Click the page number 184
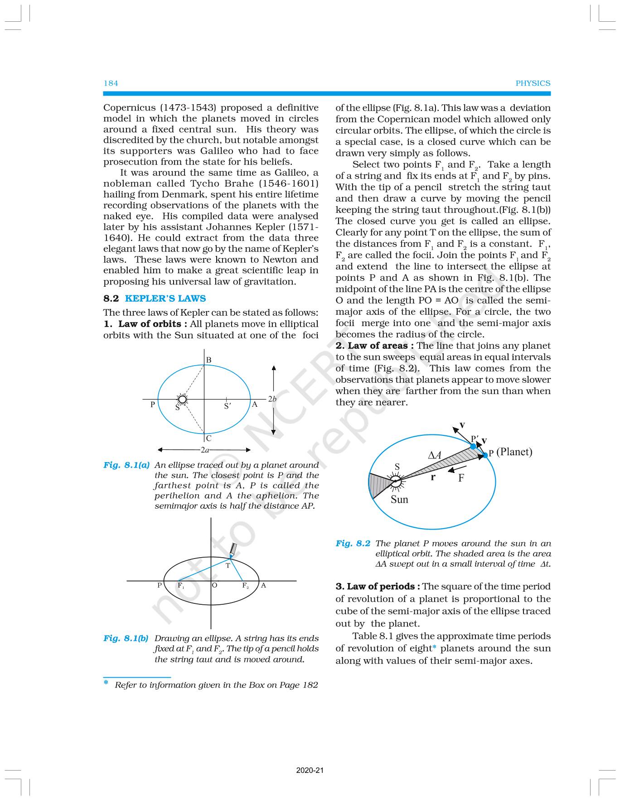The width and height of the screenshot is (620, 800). pos(111,83)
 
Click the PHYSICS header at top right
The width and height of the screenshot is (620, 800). pos(533,83)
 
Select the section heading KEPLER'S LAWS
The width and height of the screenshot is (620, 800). pos(165,299)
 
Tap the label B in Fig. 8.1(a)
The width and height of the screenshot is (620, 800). pos(208,360)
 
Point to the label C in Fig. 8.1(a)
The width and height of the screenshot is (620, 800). pos(208,439)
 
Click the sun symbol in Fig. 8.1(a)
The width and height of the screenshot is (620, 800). pos(182,399)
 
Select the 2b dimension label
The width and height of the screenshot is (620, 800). pos(272,399)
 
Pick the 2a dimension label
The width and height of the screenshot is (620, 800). pos(205,450)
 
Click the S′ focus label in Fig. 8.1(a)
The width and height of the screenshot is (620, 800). pos(228,406)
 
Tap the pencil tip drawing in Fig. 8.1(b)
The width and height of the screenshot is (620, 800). pos(233,550)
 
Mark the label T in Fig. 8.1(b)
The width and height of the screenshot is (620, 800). pos(228,566)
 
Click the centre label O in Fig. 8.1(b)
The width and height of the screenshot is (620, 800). pos(215,585)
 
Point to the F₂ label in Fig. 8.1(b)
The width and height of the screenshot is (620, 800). pos(246,586)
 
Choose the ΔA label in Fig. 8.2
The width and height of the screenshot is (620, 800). pos(435,455)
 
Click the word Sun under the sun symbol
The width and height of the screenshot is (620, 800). pos(399,500)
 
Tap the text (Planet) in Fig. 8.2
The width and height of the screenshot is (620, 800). pos(514,452)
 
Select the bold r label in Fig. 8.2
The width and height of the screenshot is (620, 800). pos(433,477)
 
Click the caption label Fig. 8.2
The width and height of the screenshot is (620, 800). pos(353,544)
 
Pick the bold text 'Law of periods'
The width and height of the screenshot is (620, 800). pos(377,587)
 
